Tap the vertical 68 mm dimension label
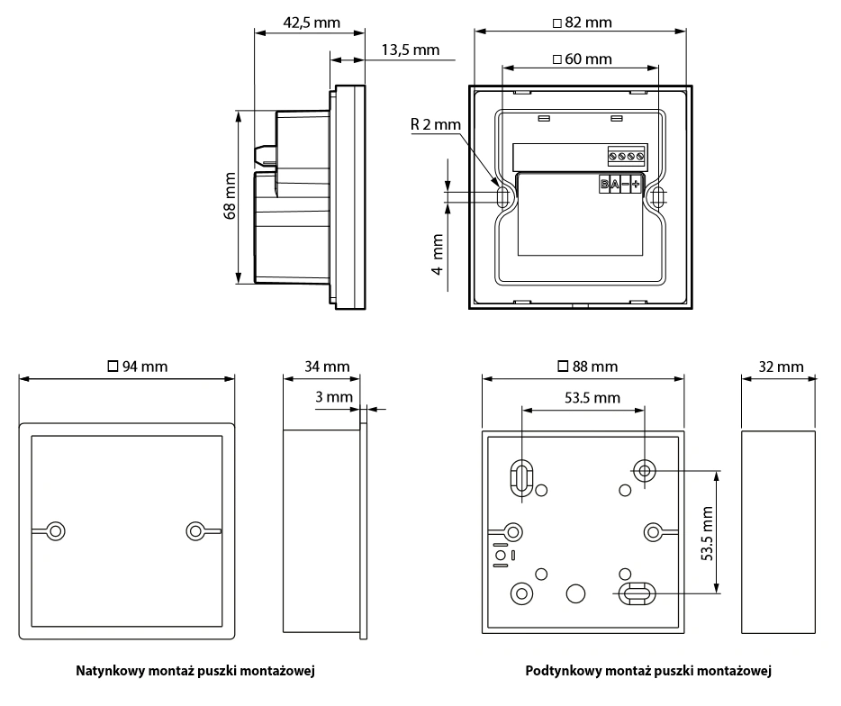click(231, 196)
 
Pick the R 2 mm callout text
click(435, 124)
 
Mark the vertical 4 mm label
click(439, 257)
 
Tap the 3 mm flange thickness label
click(334, 396)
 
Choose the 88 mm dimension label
click(588, 367)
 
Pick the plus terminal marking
click(636, 185)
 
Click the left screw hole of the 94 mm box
click(56, 530)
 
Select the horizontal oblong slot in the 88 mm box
click(637, 592)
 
